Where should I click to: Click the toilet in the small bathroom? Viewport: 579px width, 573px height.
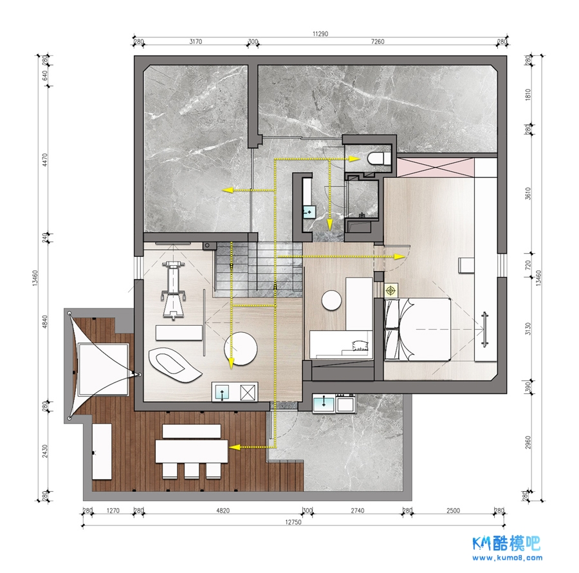(378, 159)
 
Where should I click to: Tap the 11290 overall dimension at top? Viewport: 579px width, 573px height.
(320, 34)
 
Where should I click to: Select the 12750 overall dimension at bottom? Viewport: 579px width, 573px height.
(293, 522)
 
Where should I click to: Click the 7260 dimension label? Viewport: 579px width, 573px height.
(378, 42)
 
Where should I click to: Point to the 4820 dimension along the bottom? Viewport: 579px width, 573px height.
(223, 511)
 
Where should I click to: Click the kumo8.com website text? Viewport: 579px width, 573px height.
(508, 558)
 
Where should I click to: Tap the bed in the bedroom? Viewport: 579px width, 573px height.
(418, 329)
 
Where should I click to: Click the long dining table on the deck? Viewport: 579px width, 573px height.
(191, 451)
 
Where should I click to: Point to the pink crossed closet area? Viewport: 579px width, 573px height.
(435, 167)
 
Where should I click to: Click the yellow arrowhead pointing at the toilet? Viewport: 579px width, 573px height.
(355, 159)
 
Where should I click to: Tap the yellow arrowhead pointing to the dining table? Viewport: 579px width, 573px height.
(234, 447)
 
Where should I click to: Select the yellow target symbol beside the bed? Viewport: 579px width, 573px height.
(391, 291)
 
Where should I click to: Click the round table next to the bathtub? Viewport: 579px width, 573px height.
(241, 349)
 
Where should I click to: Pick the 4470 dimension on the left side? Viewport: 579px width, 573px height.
(45, 160)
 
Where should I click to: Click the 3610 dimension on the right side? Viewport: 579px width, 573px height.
(528, 194)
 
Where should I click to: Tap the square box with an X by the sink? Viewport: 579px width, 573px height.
(248, 392)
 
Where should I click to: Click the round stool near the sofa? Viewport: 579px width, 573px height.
(331, 300)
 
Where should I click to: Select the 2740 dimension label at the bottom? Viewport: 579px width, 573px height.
(358, 511)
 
